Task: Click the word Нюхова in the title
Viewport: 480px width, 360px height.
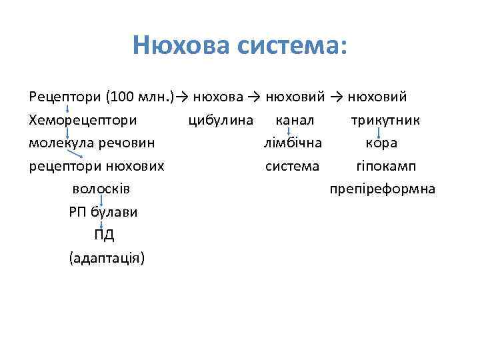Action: [177, 46]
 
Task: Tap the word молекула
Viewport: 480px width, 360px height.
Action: [59, 143]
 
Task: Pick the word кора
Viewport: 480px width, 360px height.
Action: [381, 143]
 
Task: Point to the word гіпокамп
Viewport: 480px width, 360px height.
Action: [386, 165]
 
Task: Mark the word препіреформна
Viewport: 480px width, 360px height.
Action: [383, 189]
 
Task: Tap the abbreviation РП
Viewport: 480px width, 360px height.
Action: [78, 212]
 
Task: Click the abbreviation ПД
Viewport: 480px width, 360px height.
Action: [104, 235]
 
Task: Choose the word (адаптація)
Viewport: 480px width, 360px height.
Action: [106, 257]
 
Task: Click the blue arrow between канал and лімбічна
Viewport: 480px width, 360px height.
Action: [288, 131]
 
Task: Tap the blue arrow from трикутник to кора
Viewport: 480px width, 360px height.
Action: [379, 131]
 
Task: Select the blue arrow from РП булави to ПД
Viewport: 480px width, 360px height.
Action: [101, 223]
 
